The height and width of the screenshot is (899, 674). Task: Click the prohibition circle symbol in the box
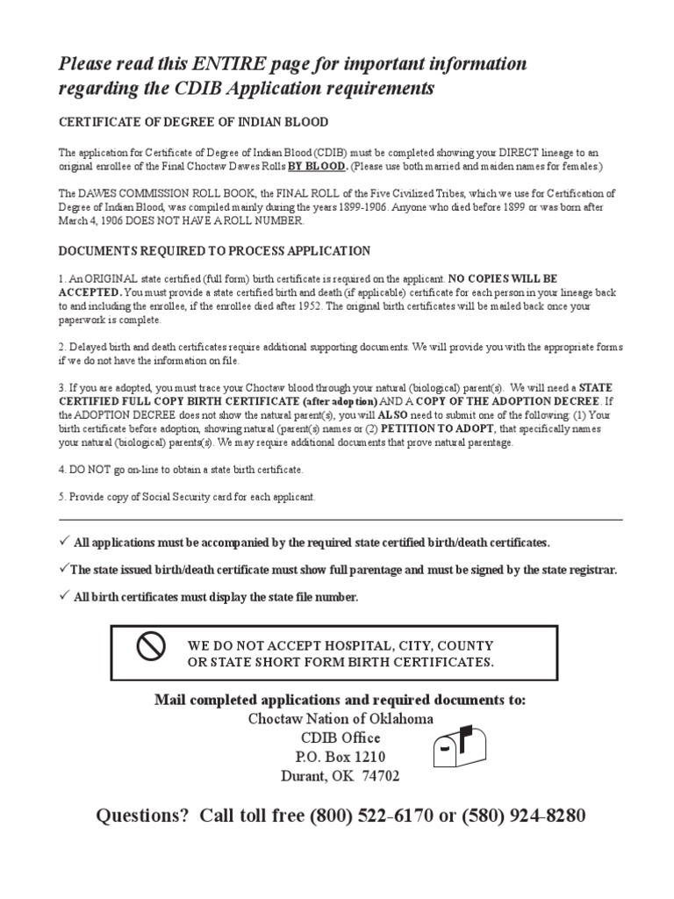tap(152, 648)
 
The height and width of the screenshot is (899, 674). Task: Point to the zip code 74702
tap(382, 776)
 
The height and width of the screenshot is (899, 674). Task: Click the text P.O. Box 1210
tap(340, 757)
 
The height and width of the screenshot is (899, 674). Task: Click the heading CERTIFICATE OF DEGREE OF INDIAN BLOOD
tap(193, 122)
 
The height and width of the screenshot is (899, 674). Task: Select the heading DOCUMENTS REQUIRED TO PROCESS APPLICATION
tap(214, 251)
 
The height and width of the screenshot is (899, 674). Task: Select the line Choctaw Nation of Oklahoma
tap(340, 718)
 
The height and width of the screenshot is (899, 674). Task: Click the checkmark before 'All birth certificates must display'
tap(64, 596)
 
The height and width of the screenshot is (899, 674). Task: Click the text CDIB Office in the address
tap(340, 737)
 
